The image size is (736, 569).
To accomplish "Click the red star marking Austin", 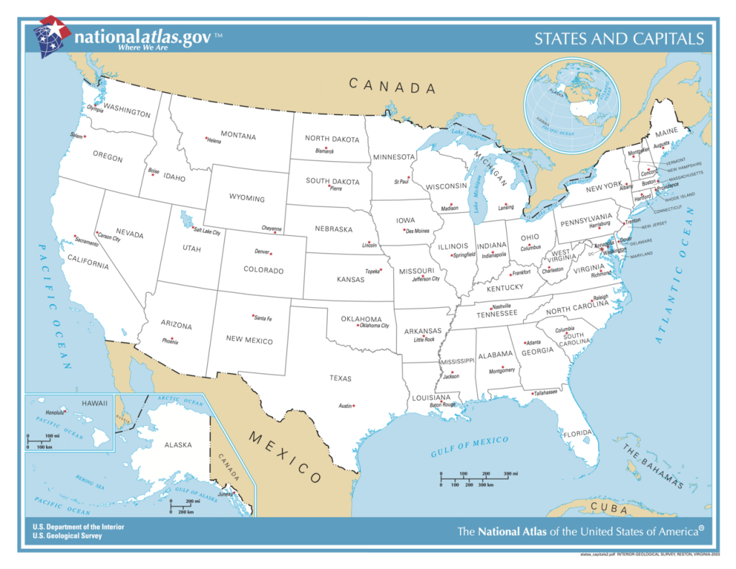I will click(354, 406).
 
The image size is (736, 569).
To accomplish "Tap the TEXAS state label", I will click(340, 378).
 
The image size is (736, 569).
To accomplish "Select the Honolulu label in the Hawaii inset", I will click(55, 413).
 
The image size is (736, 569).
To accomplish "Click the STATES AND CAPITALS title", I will click(618, 39).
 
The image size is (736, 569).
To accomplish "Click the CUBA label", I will click(609, 508).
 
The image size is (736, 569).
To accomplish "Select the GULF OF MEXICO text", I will click(469, 447).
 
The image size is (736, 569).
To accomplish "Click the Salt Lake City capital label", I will click(206, 232).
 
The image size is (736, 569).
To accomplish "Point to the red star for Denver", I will click(271, 254).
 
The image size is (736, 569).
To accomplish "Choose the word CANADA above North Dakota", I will click(392, 86).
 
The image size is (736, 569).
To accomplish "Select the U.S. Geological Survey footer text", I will click(67, 536).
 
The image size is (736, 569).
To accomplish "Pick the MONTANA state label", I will click(238, 135).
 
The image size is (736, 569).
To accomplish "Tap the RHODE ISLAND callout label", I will click(680, 196).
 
